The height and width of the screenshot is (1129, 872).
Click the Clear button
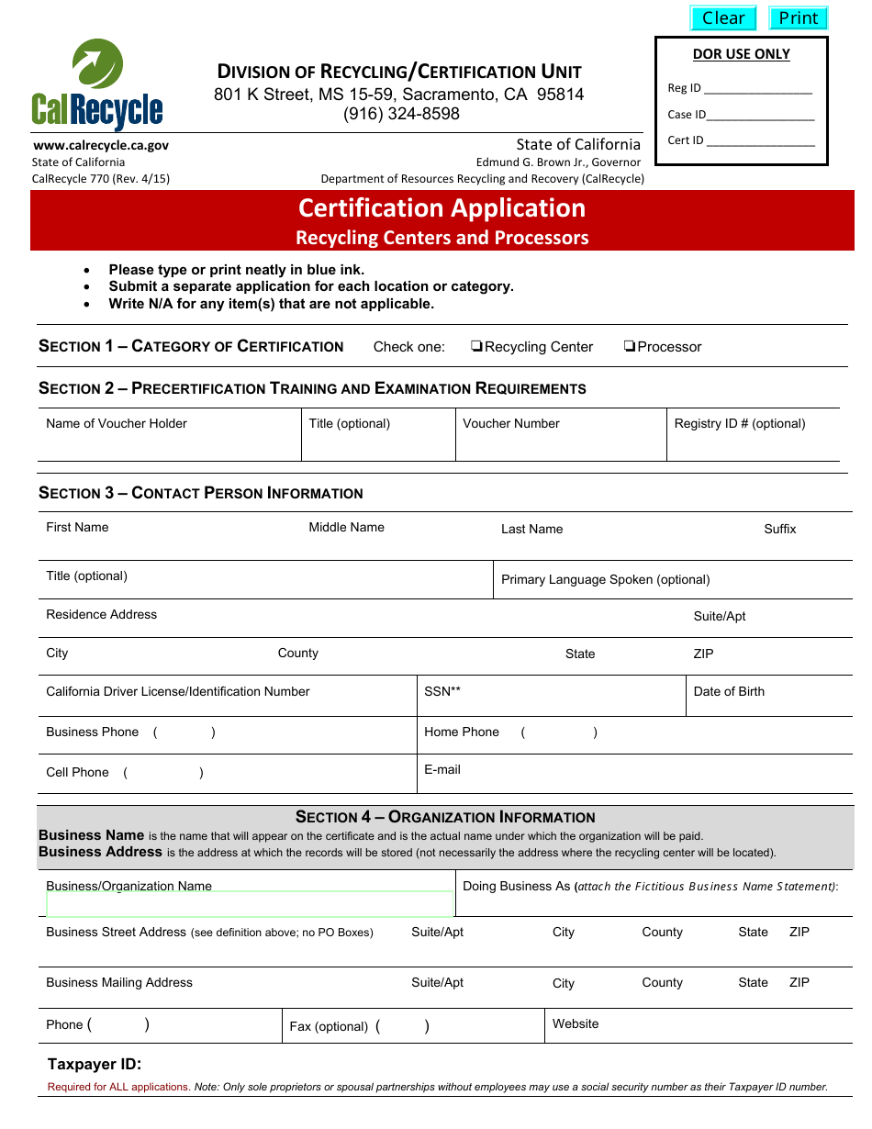[x=723, y=18]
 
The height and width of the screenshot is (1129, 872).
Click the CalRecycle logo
[x=97, y=86]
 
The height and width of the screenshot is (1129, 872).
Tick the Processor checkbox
[x=630, y=346]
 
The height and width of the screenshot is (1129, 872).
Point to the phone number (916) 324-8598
[x=401, y=114]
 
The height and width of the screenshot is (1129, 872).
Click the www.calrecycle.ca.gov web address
[x=101, y=145]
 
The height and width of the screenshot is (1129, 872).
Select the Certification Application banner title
[x=442, y=208]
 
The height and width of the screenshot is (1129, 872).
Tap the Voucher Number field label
[x=511, y=423]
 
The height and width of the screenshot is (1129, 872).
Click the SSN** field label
[x=442, y=691]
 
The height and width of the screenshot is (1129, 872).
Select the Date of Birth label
[x=729, y=691]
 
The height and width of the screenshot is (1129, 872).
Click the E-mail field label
[x=442, y=769]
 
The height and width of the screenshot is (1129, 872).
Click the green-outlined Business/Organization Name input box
[x=250, y=904]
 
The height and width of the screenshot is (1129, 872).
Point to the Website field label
[x=576, y=1023]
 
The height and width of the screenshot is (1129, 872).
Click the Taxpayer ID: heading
[x=95, y=1065]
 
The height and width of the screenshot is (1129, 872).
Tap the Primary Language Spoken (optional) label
[x=606, y=579]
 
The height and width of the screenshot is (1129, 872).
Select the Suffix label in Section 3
[x=780, y=529]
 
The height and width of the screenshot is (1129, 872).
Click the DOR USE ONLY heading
[x=741, y=54]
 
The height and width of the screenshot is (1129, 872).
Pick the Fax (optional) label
[x=329, y=1026]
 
